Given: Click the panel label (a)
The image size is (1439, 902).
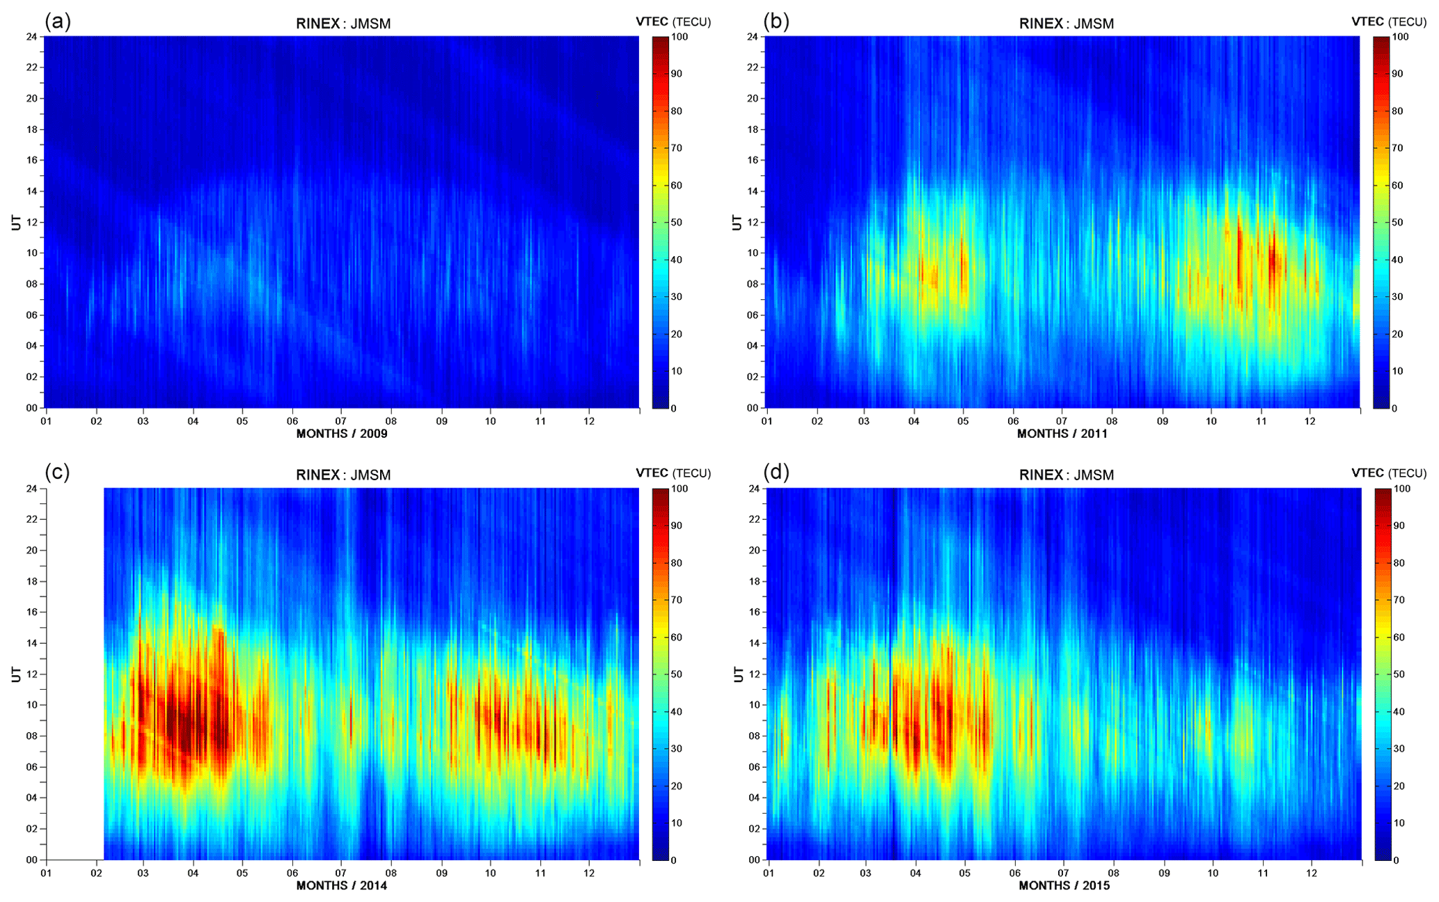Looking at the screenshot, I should point(58,22).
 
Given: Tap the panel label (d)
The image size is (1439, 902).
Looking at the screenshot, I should point(776,473).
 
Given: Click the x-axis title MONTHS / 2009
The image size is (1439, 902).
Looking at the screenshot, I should point(342,434).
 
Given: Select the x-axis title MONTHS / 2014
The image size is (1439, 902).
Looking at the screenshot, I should point(342,885).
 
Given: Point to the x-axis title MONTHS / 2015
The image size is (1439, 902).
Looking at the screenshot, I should point(1064,885).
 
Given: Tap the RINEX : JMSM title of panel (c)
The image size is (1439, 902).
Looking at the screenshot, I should point(343,475).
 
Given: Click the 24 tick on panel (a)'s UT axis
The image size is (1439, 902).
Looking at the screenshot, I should point(32,36).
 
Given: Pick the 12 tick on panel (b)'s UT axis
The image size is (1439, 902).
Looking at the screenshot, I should point(753,222).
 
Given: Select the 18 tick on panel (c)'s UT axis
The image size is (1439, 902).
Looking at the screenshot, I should point(32,581).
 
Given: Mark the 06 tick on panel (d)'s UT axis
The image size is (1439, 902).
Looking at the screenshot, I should point(753,767).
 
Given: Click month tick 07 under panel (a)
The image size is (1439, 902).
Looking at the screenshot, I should point(342,421).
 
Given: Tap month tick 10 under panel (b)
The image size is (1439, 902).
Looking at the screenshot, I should point(1211,421).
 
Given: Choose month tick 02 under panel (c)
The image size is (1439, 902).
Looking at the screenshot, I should point(96,873).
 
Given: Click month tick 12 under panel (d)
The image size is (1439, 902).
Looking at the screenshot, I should point(1312,873).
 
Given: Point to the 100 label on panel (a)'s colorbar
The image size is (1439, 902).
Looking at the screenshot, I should point(679,37).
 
